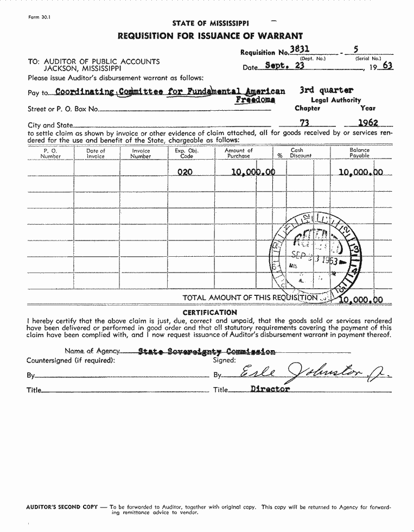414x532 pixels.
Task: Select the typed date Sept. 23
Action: (284, 65)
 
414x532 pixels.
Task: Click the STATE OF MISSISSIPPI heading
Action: (211, 23)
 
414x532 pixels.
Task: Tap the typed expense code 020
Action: (186, 172)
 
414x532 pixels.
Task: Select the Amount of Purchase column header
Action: (239, 153)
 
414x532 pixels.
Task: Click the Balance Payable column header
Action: (359, 153)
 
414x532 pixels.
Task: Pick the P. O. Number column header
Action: (50, 153)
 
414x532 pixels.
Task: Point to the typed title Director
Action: (270, 389)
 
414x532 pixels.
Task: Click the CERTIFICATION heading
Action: (209, 312)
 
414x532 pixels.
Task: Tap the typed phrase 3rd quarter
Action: (326, 90)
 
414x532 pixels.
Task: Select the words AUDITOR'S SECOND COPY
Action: (62, 507)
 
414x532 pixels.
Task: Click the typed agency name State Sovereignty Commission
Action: (206, 351)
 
